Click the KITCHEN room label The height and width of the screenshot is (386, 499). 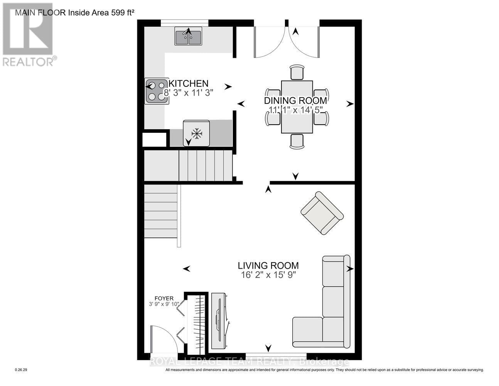click(x=189, y=83)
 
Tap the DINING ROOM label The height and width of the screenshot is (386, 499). click(x=295, y=101)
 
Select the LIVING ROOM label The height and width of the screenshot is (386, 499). click(x=268, y=266)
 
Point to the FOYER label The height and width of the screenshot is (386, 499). click(x=164, y=298)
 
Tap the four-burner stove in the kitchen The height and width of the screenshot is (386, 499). click(x=157, y=91)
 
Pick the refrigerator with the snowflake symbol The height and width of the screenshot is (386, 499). click(x=197, y=133)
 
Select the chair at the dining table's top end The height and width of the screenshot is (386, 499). click(x=297, y=72)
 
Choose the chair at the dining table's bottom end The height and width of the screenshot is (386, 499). click(x=297, y=141)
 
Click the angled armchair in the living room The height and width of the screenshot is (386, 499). click(x=322, y=213)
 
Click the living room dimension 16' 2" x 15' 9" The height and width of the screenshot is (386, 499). click(x=268, y=275)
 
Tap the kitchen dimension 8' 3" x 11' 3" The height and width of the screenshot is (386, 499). click(x=189, y=93)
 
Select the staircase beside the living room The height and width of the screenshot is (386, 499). click(x=161, y=212)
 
